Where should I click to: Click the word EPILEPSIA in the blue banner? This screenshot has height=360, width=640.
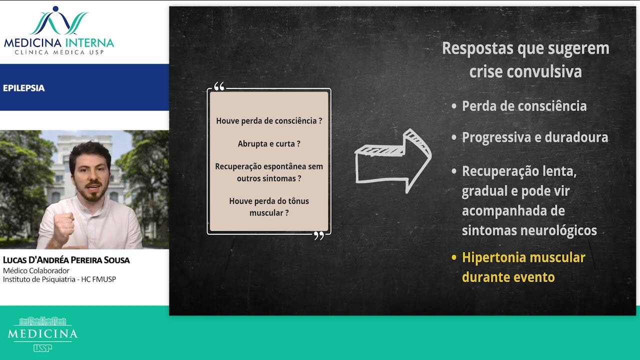[23, 88]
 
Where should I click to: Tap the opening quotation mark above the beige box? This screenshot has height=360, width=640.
[219, 86]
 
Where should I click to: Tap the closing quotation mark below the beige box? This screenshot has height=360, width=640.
[319, 235]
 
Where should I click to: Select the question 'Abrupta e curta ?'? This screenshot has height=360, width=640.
[269, 143]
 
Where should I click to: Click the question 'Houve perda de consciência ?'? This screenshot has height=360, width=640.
[269, 121]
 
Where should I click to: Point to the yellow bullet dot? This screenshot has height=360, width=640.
[453, 257]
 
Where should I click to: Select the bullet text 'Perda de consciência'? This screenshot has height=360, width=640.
[524, 106]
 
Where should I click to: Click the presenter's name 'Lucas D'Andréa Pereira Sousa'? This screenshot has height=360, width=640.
[66, 260]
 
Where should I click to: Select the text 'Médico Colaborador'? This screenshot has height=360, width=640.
[36, 270]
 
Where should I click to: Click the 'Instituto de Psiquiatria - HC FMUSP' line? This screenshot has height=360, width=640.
[59, 279]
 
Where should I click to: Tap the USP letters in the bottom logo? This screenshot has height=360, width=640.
[43, 348]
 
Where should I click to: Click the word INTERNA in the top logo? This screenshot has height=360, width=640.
[89, 43]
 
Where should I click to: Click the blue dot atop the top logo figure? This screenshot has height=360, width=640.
[55, 9]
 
